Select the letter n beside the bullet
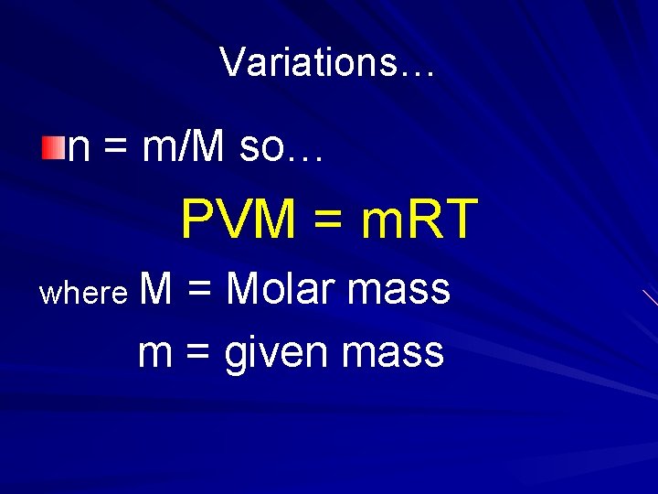[x=79, y=148]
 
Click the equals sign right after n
[x=115, y=148]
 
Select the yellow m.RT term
[x=419, y=220]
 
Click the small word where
[x=83, y=293]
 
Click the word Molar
[x=280, y=289]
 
